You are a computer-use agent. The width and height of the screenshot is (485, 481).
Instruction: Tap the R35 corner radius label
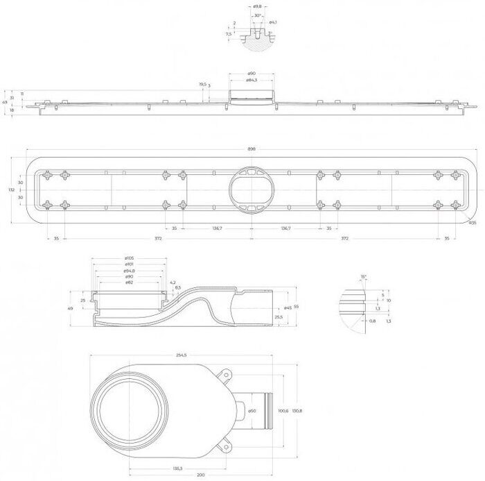pos(472,223)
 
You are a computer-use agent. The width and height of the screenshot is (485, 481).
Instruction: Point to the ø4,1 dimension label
pos(273,23)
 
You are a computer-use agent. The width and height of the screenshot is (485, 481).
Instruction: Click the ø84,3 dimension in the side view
pos(252,80)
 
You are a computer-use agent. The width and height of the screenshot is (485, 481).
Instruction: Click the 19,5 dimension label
pos(202,84)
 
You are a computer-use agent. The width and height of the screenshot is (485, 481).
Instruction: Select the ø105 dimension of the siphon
pos(130,258)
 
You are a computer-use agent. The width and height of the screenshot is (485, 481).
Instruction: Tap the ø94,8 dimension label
pos(130,270)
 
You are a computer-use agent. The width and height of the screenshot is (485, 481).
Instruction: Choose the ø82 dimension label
pos(130,282)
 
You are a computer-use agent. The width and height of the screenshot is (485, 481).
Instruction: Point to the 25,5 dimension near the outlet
pos(279,317)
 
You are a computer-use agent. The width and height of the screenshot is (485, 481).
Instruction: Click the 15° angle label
pos(363,276)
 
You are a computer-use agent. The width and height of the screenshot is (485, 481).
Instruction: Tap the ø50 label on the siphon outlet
pos(252,412)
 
